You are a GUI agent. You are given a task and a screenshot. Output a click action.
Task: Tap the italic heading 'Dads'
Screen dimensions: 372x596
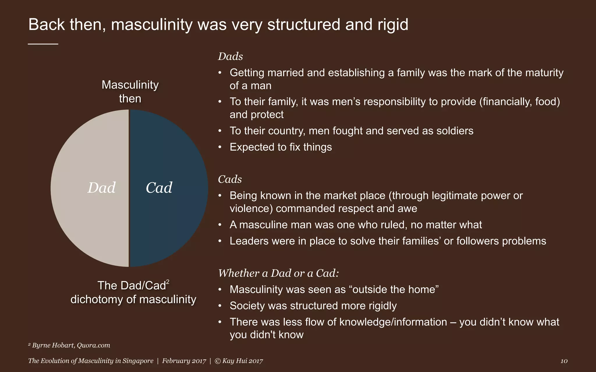[230, 56]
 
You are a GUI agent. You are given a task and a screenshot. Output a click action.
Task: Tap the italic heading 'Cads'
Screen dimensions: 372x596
[230, 179]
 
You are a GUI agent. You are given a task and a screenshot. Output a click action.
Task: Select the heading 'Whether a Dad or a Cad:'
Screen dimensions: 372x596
[279, 273]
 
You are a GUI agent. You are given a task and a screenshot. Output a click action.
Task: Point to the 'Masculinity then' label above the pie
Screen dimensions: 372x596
[130, 92]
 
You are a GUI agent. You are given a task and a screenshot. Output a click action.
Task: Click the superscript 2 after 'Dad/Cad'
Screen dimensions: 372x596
[168, 282]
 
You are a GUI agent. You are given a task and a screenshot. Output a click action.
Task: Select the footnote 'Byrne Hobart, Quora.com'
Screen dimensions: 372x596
[71, 345]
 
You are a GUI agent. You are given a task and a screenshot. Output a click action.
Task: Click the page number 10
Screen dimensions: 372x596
[564, 361]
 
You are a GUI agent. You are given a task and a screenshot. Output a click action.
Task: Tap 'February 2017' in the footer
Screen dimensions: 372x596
[184, 361]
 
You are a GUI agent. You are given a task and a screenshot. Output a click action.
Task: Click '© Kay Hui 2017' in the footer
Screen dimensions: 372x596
[239, 361]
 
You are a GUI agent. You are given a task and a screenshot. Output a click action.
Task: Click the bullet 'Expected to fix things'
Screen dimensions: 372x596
[281, 147]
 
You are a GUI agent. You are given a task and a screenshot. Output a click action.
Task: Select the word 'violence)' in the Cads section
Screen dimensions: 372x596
[251, 209]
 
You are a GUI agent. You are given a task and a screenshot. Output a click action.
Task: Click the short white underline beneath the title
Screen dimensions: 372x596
[43, 44]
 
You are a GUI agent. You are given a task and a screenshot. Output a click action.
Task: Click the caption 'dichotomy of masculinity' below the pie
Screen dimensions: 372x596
[133, 299]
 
